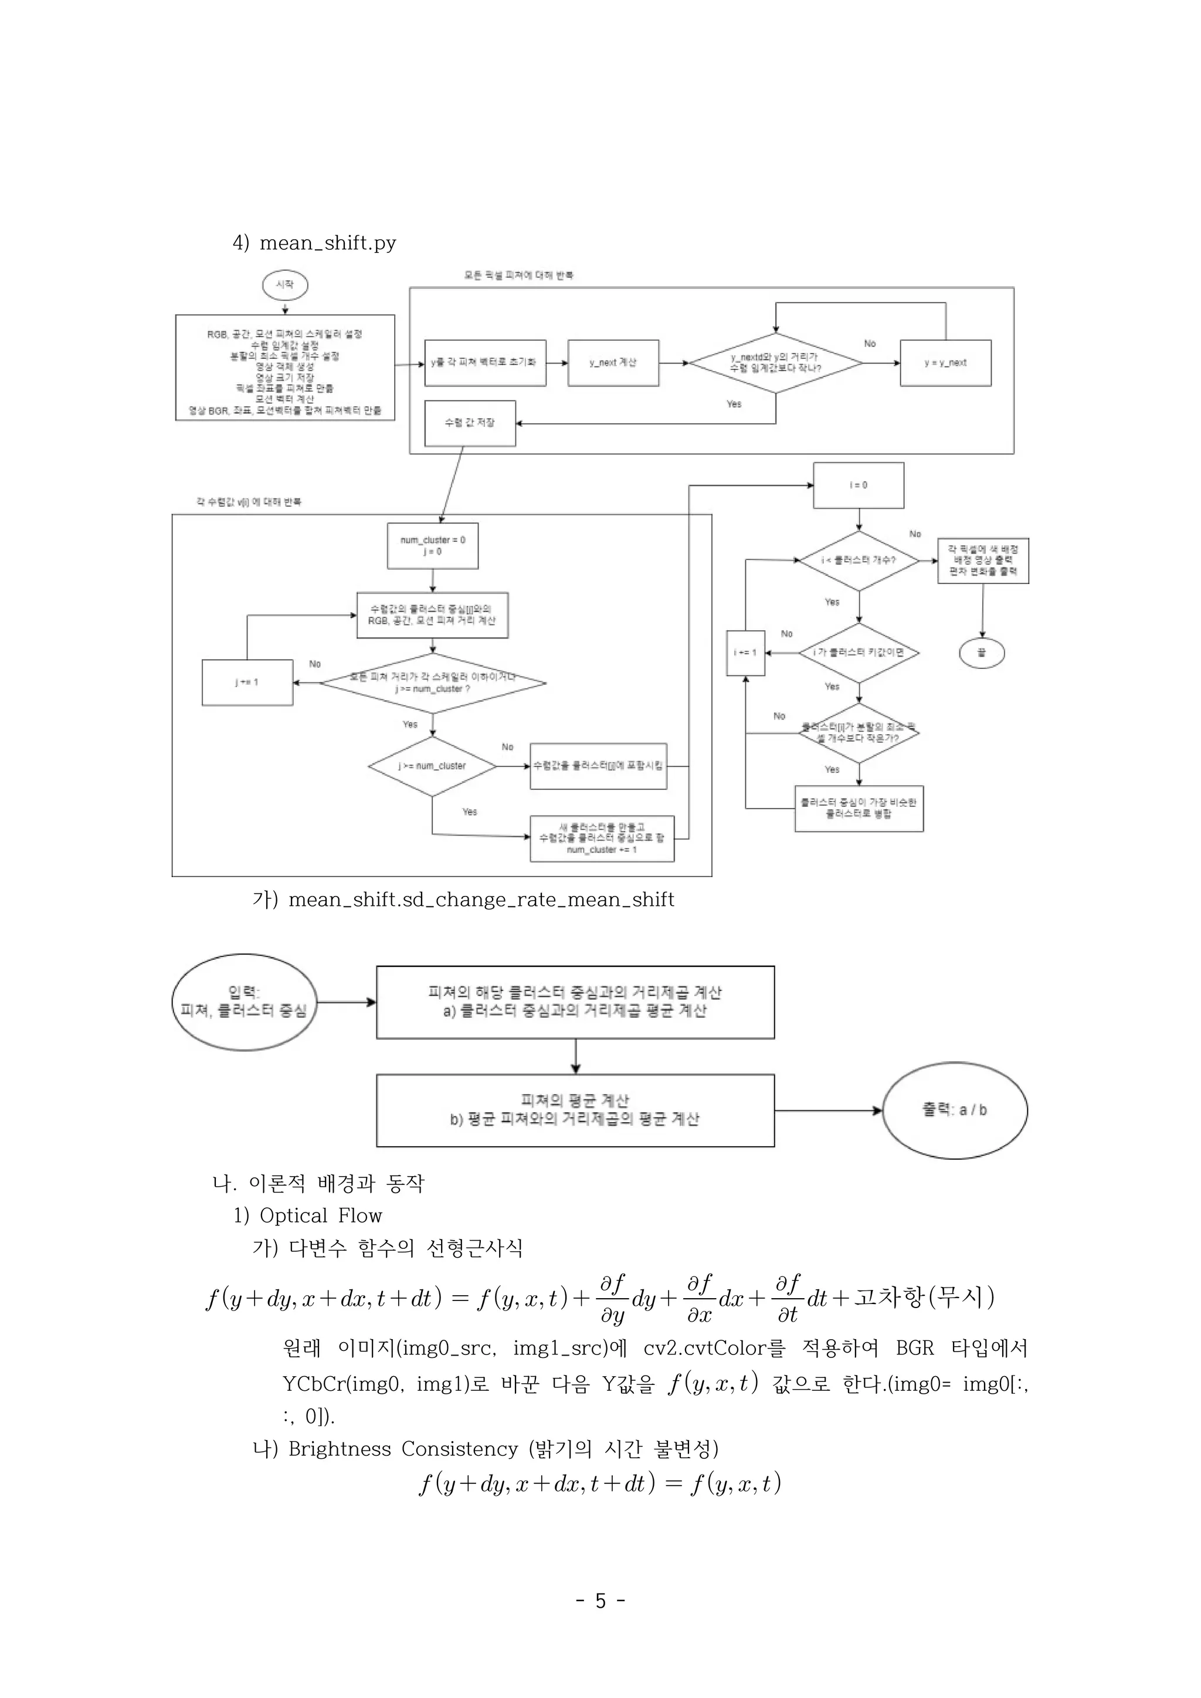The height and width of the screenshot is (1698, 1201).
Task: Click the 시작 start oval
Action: [285, 285]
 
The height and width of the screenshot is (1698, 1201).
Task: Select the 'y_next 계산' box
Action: [613, 363]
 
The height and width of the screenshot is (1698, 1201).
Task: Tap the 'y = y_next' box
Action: [945, 363]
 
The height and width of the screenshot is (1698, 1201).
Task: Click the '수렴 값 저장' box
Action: [470, 423]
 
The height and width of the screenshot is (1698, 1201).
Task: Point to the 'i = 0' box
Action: [858, 485]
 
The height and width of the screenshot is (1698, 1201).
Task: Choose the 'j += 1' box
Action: [247, 682]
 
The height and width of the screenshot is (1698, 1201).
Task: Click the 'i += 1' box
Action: [745, 653]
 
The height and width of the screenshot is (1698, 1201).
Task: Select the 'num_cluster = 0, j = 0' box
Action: [433, 546]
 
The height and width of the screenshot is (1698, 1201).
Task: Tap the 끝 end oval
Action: [981, 653]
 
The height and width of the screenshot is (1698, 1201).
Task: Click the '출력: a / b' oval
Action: [954, 1110]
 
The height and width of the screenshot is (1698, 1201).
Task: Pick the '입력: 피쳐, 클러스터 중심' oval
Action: [244, 1002]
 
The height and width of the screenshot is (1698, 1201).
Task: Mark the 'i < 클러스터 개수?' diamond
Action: [858, 561]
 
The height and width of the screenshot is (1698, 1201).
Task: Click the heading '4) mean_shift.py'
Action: [314, 243]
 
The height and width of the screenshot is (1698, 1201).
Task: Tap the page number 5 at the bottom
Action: [600, 1601]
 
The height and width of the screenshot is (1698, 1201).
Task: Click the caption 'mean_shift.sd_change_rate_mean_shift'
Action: [481, 899]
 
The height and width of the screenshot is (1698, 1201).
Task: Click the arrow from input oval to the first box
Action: [346, 1002]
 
